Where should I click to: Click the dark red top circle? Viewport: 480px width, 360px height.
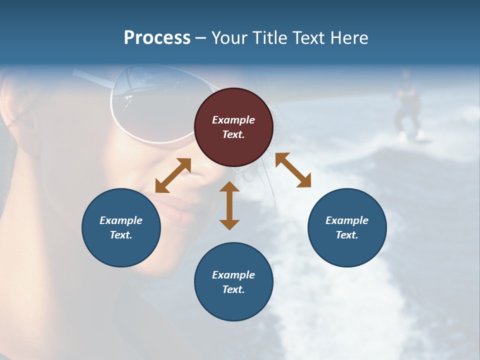[233, 127]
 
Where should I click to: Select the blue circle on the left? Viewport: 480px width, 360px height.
[121, 228]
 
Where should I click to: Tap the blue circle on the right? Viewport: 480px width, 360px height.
[347, 228]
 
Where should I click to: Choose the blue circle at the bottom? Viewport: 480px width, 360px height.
[233, 282]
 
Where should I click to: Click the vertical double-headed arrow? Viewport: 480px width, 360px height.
[229, 205]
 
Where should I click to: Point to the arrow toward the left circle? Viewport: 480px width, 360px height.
[173, 175]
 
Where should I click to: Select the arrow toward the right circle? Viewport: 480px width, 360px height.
[293, 170]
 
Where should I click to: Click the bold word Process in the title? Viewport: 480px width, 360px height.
[157, 38]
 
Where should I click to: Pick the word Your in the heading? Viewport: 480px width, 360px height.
[229, 38]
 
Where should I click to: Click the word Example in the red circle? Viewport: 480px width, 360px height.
[233, 120]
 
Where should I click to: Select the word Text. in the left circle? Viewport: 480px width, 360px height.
[121, 235]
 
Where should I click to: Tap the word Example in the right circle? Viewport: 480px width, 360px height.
[347, 220]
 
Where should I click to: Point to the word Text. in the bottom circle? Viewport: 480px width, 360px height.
[233, 289]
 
